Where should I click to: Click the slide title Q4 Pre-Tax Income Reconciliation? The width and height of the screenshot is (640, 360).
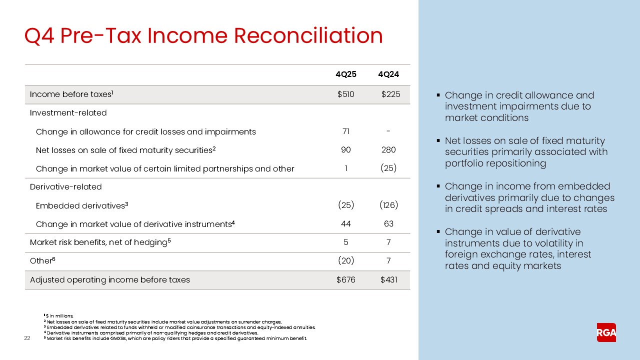click(x=204, y=36)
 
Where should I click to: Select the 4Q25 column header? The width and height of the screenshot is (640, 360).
click(x=345, y=75)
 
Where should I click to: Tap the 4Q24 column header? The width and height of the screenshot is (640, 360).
click(x=388, y=75)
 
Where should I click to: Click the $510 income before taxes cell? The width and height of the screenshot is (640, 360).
click(x=345, y=94)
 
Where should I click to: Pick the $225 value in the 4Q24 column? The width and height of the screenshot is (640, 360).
click(x=390, y=94)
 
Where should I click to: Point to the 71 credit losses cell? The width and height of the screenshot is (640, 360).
click(x=345, y=131)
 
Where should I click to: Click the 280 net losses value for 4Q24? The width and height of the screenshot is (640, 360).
click(x=388, y=150)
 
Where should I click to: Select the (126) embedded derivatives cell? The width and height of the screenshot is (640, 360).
click(x=388, y=205)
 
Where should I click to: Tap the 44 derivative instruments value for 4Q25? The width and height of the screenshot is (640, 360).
click(x=345, y=224)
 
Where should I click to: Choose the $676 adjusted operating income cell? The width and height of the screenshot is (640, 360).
click(x=345, y=280)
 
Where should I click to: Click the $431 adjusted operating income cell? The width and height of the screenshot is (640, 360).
click(x=389, y=280)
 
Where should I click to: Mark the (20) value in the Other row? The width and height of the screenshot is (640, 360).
click(x=345, y=261)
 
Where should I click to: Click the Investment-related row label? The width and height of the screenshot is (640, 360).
click(x=68, y=113)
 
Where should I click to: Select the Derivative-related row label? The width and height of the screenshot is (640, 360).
click(x=65, y=187)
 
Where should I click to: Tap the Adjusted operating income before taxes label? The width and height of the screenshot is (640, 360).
click(x=110, y=280)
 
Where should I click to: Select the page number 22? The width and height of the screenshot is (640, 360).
click(x=28, y=339)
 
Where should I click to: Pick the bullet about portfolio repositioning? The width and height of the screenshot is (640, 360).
click(x=526, y=152)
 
